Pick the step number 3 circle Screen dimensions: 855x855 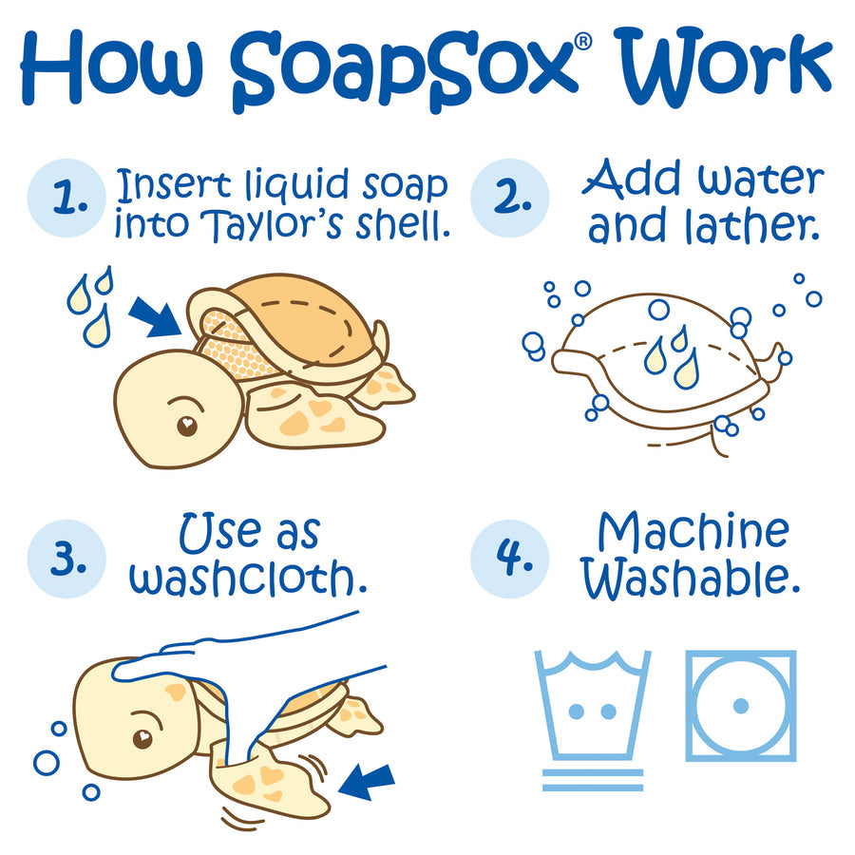point(65,560)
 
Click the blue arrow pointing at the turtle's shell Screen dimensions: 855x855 point(155,316)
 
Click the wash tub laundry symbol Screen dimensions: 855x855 point(592,708)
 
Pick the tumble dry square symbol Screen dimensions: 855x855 point(741,705)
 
